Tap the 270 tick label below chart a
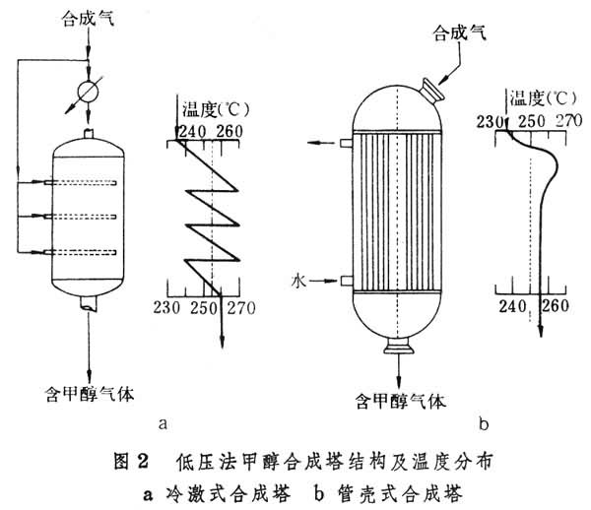click(240, 308)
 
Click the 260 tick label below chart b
click(556, 305)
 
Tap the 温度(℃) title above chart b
click(534, 96)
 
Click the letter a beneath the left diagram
click(161, 424)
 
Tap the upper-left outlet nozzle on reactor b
click(346, 143)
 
